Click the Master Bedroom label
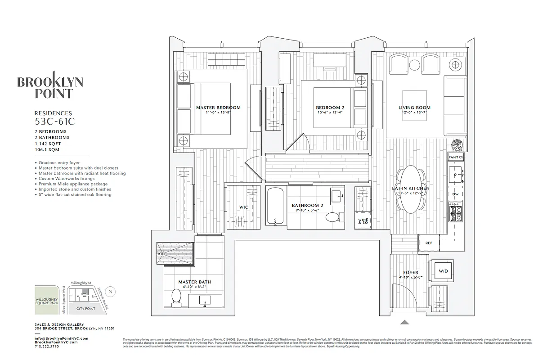coord(218,108)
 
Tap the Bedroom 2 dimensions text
coord(330,112)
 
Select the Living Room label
coord(414,108)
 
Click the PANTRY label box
coord(456,157)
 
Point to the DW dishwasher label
coord(455,194)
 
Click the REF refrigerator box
coord(429,243)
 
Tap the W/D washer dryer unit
coord(443,271)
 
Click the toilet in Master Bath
coord(176,297)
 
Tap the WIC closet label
coord(244,207)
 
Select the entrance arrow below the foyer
coord(405,322)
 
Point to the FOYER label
coord(410,272)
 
